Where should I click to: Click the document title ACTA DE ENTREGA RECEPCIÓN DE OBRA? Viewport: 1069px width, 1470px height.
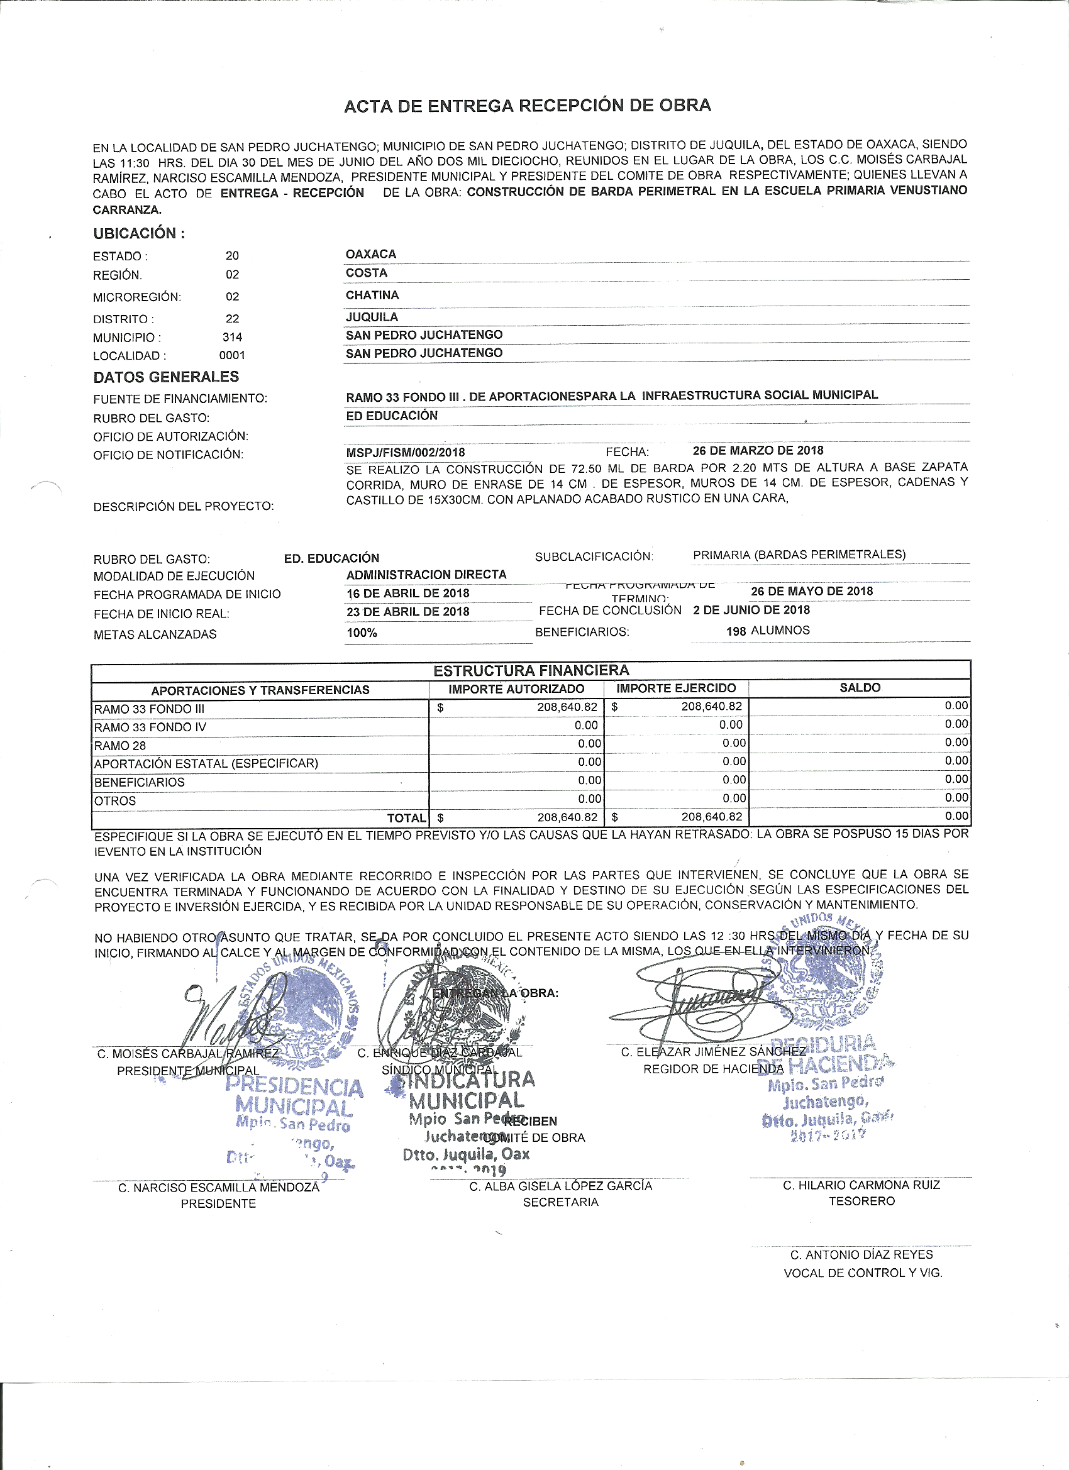click(x=527, y=106)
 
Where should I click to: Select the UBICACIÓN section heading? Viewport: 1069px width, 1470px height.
click(x=139, y=233)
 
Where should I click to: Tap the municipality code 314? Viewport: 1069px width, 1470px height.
click(x=232, y=337)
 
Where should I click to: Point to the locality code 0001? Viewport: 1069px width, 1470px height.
click(x=232, y=355)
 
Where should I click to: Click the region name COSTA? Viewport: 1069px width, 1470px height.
click(x=366, y=273)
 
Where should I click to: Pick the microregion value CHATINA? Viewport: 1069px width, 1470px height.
click(x=372, y=295)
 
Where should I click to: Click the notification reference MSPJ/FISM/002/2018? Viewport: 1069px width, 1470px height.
click(x=405, y=453)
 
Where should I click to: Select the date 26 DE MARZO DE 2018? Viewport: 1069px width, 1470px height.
click(x=758, y=450)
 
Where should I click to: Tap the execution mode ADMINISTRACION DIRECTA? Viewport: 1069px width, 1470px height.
click(x=426, y=575)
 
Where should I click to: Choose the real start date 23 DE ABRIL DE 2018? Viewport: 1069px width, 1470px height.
click(x=407, y=612)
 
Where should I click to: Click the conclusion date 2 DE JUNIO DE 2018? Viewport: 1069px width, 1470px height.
click(x=751, y=610)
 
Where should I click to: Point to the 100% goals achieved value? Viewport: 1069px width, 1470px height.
click(x=362, y=633)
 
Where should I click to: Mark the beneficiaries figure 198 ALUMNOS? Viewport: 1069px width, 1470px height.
click(x=768, y=631)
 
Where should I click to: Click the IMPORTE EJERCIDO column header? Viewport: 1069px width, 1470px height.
click(x=675, y=688)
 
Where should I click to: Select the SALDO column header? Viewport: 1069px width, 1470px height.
click(x=860, y=688)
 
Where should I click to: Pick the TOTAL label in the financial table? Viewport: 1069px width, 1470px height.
click(x=406, y=819)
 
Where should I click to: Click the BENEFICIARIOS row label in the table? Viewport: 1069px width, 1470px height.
click(x=140, y=782)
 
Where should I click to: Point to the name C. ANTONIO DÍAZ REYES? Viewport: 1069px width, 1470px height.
click(x=861, y=1255)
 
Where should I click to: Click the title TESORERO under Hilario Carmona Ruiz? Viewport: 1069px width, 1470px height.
click(x=861, y=1201)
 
